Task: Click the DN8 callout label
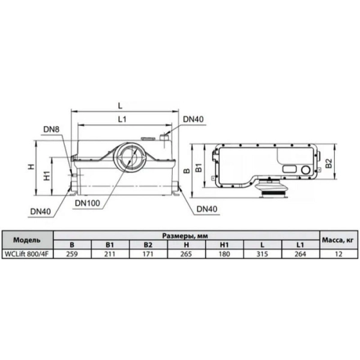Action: [x=51, y=130]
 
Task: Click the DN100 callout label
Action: [x=88, y=203]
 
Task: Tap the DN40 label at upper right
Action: [x=193, y=119]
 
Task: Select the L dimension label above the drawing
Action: [x=120, y=106]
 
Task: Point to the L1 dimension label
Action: [x=122, y=119]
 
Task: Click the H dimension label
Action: [x=31, y=167]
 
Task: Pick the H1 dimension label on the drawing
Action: [x=47, y=176]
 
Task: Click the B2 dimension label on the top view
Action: [x=329, y=163]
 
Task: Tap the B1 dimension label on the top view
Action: [x=199, y=167]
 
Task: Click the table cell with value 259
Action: [x=72, y=254]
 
